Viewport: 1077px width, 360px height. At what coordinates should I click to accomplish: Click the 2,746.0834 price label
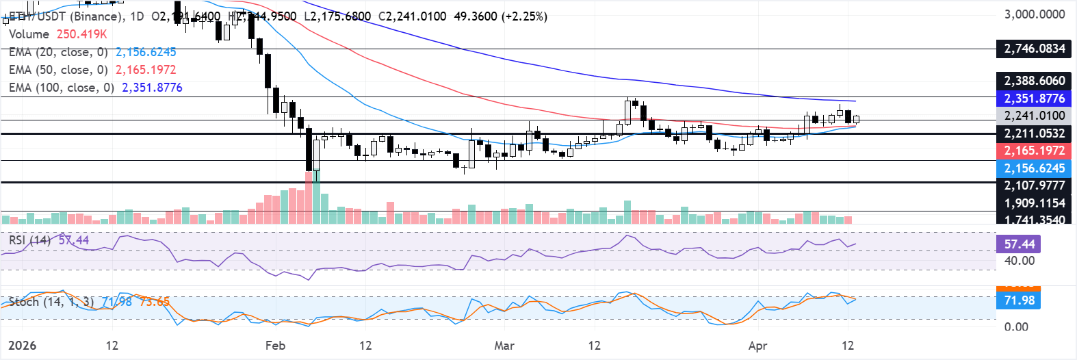click(x=1034, y=49)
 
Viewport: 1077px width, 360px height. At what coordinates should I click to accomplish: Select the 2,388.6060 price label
click(x=1034, y=81)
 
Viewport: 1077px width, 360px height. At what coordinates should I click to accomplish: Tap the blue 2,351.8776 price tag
click(x=1034, y=99)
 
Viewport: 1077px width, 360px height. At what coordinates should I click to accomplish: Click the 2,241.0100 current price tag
click(x=1034, y=116)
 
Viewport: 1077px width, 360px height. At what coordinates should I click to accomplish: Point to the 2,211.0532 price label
click(x=1034, y=133)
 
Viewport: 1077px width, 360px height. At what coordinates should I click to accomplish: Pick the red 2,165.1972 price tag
click(x=1034, y=151)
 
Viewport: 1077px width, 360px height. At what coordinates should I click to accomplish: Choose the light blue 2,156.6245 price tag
click(x=1034, y=168)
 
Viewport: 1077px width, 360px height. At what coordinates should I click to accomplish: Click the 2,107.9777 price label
click(x=1034, y=185)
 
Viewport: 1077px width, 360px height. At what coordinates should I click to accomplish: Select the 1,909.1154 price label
click(x=1034, y=203)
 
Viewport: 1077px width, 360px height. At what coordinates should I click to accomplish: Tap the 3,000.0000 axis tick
click(x=1034, y=14)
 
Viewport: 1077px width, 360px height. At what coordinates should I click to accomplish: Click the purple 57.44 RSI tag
click(x=1019, y=244)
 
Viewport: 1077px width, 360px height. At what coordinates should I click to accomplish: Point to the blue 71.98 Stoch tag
click(x=1019, y=300)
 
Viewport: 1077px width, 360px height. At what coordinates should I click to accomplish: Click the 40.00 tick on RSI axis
click(x=1019, y=261)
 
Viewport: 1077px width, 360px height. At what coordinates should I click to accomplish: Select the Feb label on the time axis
click(x=275, y=346)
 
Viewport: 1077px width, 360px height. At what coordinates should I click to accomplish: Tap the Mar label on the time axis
click(x=504, y=346)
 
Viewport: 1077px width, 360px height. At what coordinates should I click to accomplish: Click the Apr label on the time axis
click(x=757, y=346)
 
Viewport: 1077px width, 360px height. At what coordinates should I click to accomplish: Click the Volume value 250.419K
click(x=81, y=34)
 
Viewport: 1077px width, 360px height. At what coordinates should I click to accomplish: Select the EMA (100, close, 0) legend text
click(x=62, y=88)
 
